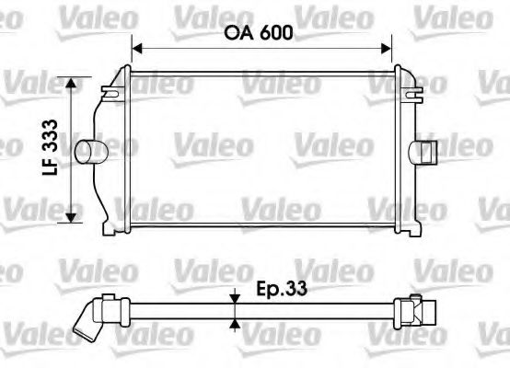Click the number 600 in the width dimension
click(275, 34)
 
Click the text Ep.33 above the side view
click(281, 289)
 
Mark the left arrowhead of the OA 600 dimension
click(138, 46)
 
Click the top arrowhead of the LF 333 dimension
click(72, 83)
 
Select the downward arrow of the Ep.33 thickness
click(237, 297)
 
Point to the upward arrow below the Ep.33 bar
click(237, 323)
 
